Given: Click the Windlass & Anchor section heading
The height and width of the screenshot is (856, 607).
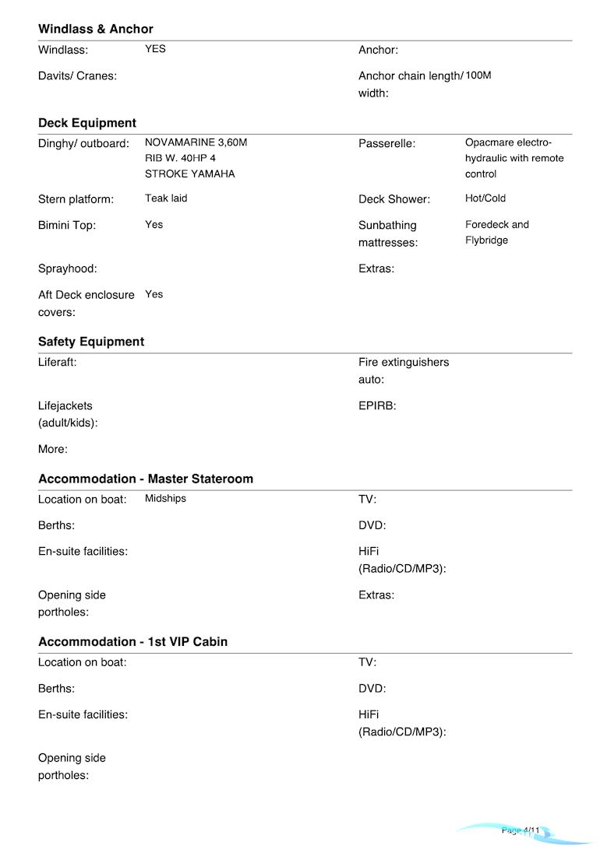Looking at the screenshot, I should click(96, 30).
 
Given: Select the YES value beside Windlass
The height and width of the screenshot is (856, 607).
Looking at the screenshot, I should click(155, 49).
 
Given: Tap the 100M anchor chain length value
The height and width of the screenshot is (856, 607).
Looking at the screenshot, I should click(478, 75).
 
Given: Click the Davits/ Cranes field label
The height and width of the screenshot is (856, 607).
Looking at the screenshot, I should click(77, 76).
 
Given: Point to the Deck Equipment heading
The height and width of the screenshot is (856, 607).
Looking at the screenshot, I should click(87, 123).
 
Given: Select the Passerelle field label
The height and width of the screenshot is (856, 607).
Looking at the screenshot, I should click(386, 144).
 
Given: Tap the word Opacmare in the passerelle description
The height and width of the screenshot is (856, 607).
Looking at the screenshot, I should click(489, 143).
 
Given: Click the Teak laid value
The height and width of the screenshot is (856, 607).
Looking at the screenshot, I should click(166, 198).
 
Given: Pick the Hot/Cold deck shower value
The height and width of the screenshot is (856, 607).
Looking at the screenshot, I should click(485, 198).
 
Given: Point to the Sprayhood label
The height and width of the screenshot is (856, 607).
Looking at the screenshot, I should click(68, 269).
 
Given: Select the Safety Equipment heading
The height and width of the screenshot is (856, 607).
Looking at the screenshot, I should click(91, 342).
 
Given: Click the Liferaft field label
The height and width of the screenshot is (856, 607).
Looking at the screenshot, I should click(58, 363).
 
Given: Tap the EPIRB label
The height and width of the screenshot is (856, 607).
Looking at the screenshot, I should click(377, 406).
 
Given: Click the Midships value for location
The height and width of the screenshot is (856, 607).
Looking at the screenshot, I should click(165, 499).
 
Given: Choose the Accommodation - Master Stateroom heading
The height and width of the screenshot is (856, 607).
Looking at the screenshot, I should click(146, 479).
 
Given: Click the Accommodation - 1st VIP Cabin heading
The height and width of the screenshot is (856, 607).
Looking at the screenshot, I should click(132, 642).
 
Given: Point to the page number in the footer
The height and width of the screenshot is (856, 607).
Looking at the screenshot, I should click(521, 831).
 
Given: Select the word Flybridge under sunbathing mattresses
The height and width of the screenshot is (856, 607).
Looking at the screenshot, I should click(486, 240).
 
